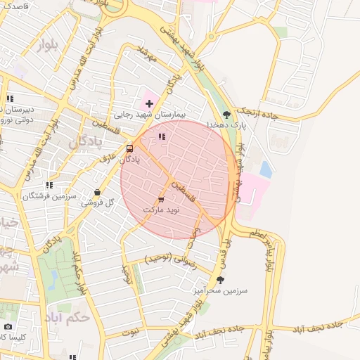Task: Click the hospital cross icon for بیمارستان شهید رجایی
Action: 149,103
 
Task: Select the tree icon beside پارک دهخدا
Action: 226,115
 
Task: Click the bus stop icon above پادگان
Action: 129,149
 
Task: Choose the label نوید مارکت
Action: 162,210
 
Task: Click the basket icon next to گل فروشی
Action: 98,192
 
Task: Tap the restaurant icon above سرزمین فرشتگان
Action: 49,186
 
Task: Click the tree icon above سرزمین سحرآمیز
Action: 220,280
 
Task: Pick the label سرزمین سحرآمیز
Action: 220,290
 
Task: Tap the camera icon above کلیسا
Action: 8,327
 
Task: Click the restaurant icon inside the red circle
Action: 162,136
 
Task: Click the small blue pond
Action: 266,169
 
